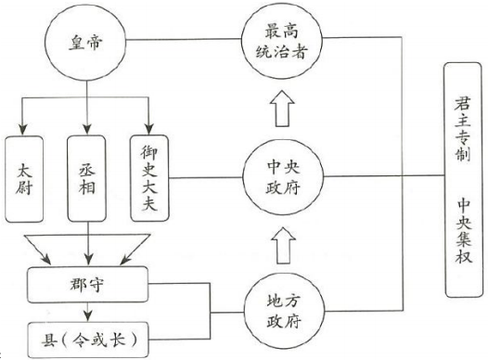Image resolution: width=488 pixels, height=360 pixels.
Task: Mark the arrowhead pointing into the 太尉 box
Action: click(26, 130)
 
